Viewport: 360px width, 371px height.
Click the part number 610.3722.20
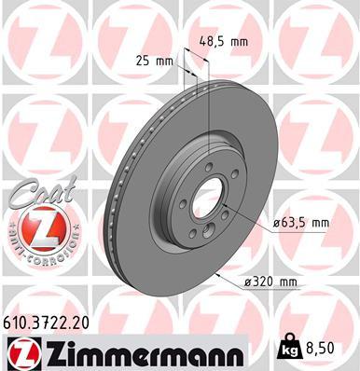pos(52,320)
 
